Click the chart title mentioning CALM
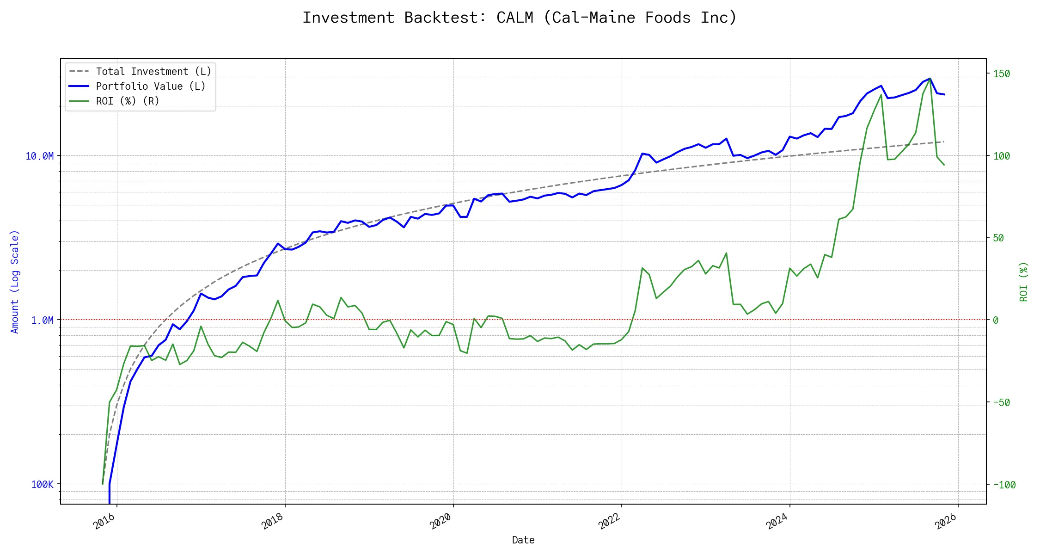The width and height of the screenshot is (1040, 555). click(520, 18)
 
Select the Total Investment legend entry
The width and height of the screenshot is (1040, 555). click(153, 72)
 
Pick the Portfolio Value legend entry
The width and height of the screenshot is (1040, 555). click(150, 86)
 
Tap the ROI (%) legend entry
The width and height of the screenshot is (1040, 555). click(127, 101)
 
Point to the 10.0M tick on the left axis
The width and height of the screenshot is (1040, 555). click(39, 156)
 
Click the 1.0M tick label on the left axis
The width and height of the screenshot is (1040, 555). click(42, 321)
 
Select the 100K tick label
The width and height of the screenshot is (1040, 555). click(42, 485)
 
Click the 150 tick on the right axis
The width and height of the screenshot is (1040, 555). click(1002, 74)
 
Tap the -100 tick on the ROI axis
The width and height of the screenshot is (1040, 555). click(1004, 485)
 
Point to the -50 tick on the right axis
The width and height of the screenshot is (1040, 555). click(1001, 403)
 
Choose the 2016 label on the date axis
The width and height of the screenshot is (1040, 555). click(104, 521)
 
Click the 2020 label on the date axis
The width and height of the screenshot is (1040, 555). click(440, 521)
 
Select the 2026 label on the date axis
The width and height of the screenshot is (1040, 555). click(945, 521)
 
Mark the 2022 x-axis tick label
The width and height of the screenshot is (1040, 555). click(609, 521)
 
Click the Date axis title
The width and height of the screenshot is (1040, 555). click(523, 540)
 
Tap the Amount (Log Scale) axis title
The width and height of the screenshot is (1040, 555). click(15, 282)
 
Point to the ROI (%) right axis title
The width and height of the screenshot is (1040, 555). click(1023, 282)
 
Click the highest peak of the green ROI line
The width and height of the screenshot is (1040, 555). click(930, 79)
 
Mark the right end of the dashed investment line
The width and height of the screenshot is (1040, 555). click(944, 142)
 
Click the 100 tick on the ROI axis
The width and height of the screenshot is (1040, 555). click(1002, 156)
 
